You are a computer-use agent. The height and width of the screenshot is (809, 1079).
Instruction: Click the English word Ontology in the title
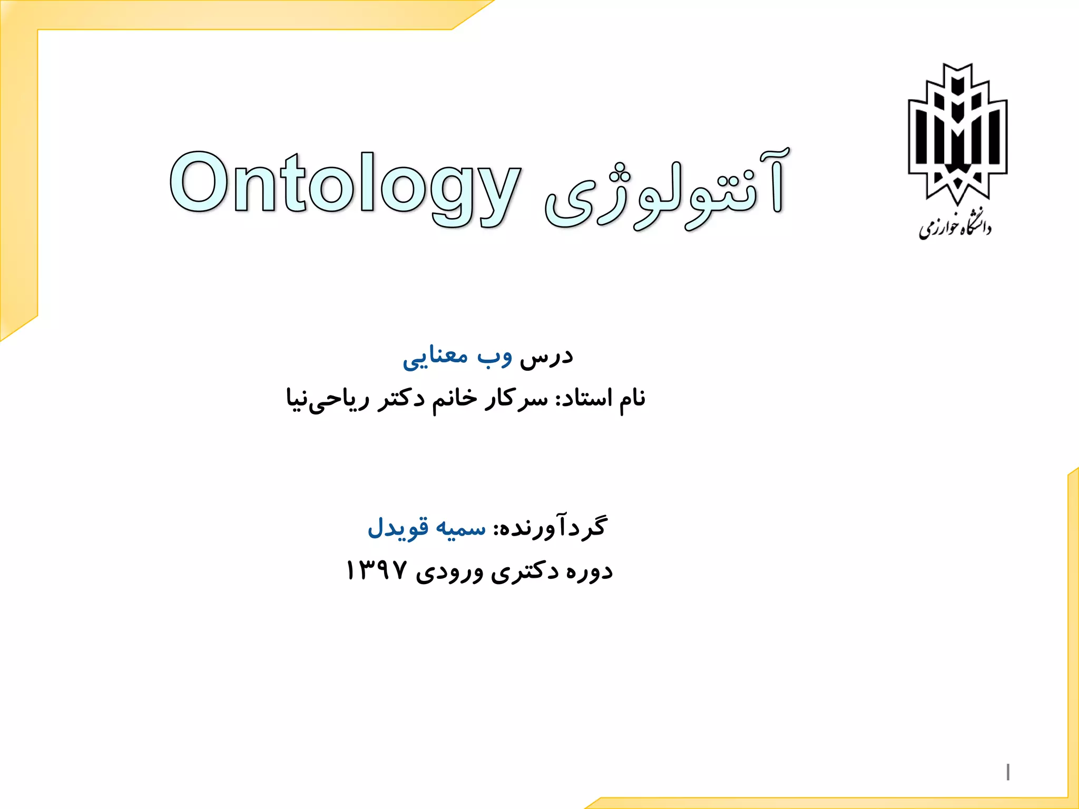coord(345,184)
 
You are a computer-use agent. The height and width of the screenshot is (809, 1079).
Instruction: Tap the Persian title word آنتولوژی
coord(666,190)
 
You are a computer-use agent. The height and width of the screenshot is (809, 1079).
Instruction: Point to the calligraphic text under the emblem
coord(955,228)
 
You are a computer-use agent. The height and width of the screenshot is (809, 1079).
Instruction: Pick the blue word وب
coord(494,357)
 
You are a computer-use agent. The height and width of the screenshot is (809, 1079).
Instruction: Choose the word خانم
coord(455,398)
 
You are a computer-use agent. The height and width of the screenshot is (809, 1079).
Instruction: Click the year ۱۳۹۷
coord(376,571)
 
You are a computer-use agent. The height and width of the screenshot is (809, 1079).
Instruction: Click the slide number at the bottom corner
coord(1007,772)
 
